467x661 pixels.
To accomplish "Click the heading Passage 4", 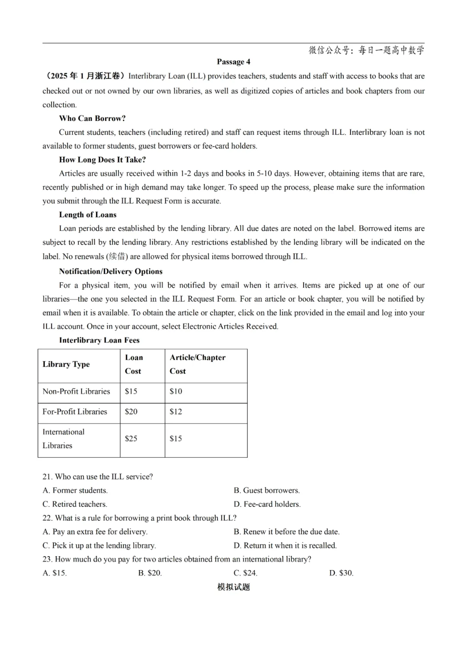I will tap(233, 62).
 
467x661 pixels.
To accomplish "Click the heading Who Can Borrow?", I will tap(92, 118).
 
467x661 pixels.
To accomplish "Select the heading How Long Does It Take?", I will tap(102, 160).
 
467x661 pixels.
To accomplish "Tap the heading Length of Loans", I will tap(88, 215).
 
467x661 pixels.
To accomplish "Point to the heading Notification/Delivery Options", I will tap(111, 271).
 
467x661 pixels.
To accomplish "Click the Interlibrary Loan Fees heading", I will tap(99, 340).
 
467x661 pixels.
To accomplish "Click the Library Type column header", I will tap(66, 364).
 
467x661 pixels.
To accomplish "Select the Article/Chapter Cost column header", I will tap(197, 364).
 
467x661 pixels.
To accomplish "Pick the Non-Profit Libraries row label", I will tap(76, 391).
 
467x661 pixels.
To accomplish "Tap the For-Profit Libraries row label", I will tap(75, 412).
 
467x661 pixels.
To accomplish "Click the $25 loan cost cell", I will tap(131, 439).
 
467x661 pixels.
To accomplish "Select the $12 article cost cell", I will tap(176, 412).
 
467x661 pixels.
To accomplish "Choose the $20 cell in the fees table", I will tap(131, 412).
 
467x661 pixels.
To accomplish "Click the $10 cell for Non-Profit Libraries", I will tap(176, 391).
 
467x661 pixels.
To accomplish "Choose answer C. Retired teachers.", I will tap(75, 504).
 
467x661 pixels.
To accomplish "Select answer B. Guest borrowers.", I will tap(267, 490).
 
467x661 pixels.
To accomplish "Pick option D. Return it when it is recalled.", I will tap(285, 545).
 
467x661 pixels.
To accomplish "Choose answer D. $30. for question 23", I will tap(341, 573).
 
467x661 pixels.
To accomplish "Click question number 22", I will tap(47, 518).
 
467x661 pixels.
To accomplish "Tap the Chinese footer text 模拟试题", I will tap(233, 587).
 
